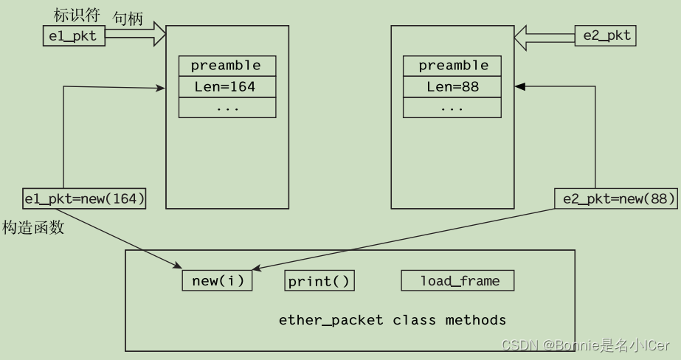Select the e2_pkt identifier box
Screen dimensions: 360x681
[607, 35]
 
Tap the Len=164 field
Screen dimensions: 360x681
[227, 87]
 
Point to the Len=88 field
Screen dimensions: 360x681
[453, 87]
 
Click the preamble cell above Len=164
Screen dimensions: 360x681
[227, 66]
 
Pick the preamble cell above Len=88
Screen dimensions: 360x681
[453, 66]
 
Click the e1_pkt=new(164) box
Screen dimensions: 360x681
[84, 198]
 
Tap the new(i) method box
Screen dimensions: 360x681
[217, 281]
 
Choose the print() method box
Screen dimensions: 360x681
[319, 281]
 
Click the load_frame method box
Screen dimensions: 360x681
[457, 281]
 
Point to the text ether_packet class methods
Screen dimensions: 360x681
[393, 320]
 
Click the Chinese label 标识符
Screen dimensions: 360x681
[76, 15]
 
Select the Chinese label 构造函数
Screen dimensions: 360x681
[32, 227]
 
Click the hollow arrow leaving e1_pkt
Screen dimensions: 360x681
[136, 34]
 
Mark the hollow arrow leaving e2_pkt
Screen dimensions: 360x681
[545, 34]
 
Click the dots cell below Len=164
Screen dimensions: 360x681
[227, 108]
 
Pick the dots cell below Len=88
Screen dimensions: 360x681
[453, 108]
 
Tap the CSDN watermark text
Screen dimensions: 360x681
[585, 345]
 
